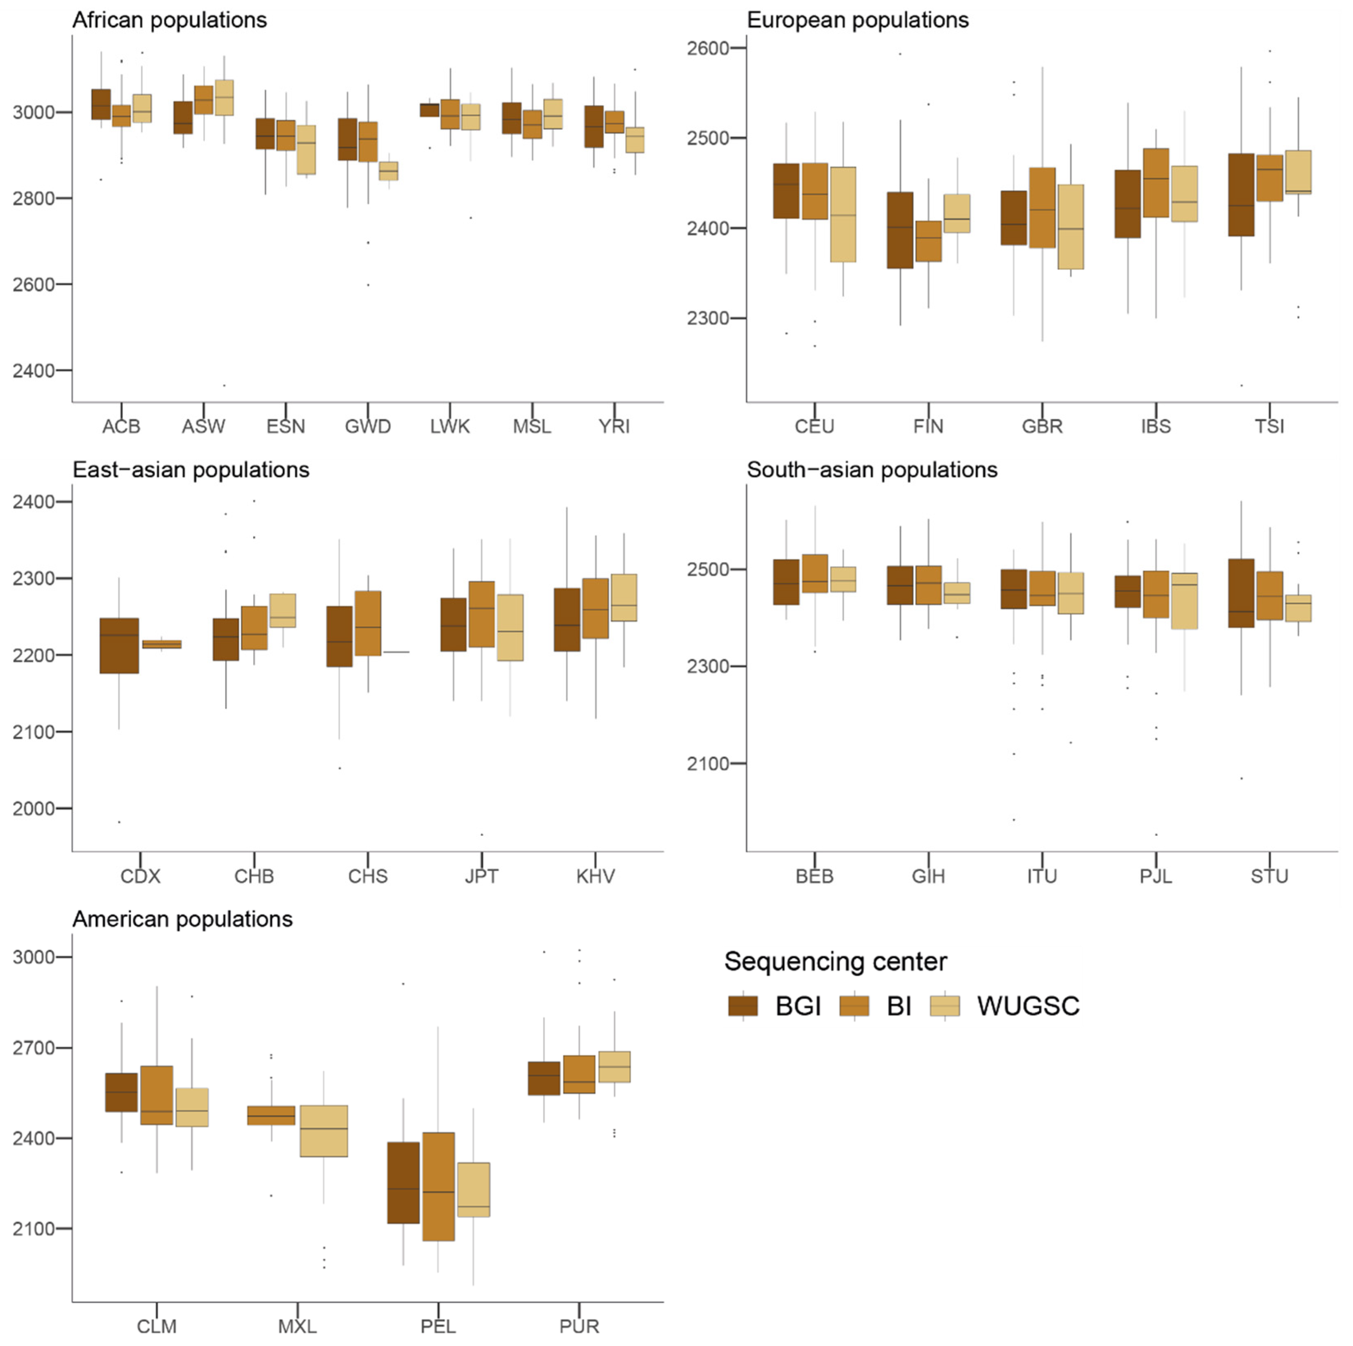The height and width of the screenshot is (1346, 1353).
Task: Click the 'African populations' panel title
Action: [x=170, y=20]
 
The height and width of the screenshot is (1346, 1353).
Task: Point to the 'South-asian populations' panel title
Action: [x=871, y=470]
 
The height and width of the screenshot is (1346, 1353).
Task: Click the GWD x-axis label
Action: [x=368, y=426]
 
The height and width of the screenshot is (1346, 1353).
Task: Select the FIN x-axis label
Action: [x=928, y=426]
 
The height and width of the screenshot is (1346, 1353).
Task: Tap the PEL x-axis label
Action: [x=438, y=1326]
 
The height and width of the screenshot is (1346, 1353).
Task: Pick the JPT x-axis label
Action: [x=481, y=876]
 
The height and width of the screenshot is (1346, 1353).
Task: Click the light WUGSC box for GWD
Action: [x=388, y=171]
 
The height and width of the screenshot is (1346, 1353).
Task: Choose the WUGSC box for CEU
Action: [x=843, y=214]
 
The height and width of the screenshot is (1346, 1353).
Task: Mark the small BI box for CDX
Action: [x=162, y=644]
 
